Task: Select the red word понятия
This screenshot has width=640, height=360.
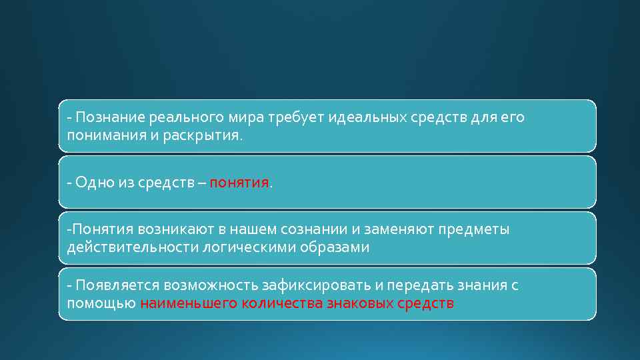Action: pos(239,183)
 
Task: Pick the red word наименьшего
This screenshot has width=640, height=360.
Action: pos(183,303)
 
